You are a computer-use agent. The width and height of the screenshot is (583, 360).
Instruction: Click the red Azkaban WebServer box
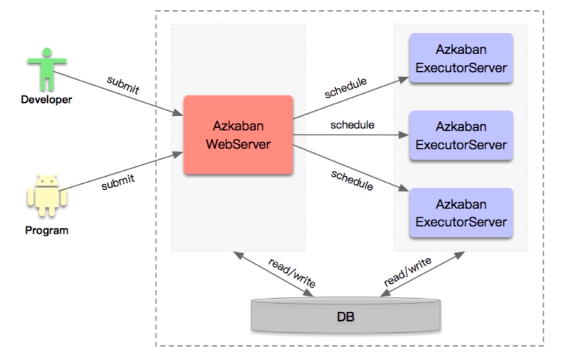[238, 135]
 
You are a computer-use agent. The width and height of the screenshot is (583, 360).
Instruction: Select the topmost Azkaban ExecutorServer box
[461, 58]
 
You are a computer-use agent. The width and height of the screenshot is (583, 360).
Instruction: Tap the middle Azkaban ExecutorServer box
[461, 135]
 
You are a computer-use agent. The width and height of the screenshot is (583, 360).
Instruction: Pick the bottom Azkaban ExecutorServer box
[461, 213]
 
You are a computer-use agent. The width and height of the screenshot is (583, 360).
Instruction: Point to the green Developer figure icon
[47, 69]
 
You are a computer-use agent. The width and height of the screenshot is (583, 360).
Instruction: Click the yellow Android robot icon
[47, 195]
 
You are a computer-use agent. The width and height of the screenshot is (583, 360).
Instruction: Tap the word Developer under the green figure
[47, 100]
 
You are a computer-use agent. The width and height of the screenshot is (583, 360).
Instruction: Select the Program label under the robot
[47, 231]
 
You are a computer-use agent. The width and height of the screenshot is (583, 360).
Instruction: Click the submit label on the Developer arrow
[123, 85]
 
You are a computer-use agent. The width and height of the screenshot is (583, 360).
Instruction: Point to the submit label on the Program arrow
[118, 183]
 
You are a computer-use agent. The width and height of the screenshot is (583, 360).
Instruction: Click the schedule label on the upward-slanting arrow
[346, 88]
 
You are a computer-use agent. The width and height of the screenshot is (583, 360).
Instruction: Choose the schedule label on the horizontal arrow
[352, 125]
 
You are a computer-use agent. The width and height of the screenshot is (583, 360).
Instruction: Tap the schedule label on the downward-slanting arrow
[352, 180]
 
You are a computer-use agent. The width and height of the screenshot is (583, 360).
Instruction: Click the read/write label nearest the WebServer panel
[292, 273]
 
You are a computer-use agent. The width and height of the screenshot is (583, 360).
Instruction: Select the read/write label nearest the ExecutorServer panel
[408, 271]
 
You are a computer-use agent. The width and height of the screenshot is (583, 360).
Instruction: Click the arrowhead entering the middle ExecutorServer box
[404, 135]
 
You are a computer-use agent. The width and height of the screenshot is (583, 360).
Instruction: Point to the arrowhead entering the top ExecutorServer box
[404, 79]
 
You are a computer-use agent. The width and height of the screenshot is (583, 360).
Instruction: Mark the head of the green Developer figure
[47, 52]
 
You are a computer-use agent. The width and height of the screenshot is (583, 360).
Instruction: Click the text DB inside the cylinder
[346, 317]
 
